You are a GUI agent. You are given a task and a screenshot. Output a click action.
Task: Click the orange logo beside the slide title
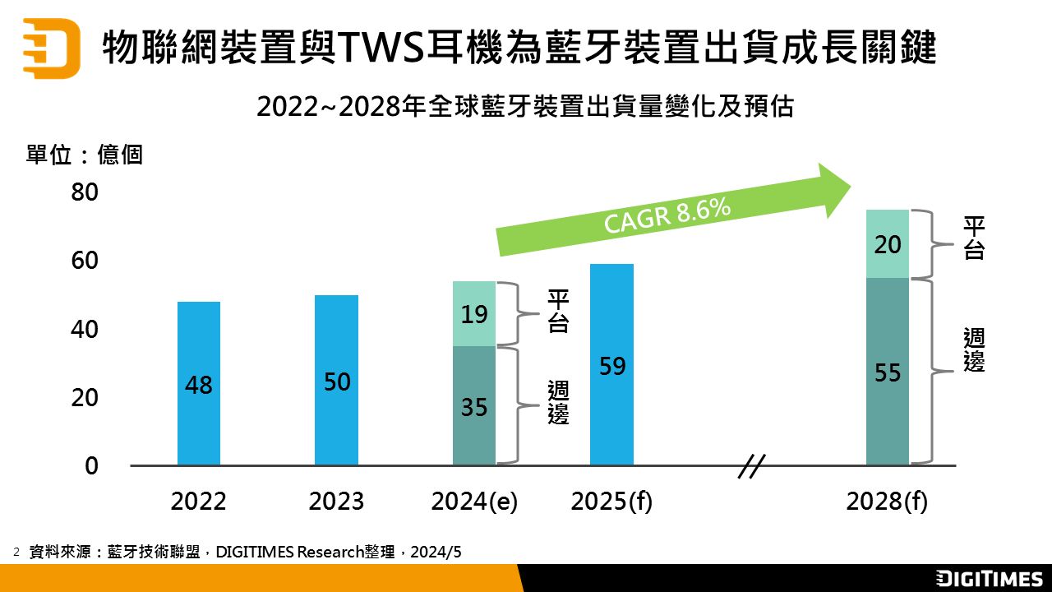point(51,48)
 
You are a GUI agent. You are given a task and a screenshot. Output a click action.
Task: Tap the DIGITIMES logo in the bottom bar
point(990,578)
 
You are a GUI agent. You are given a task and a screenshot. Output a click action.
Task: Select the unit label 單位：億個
point(85,155)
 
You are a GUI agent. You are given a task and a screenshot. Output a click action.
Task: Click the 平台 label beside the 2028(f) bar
point(974,238)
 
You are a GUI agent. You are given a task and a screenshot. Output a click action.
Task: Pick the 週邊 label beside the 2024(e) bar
point(558,403)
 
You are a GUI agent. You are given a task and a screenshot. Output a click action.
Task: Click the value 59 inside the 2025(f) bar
point(612,366)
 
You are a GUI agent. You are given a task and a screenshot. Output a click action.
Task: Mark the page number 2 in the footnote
point(16,552)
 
